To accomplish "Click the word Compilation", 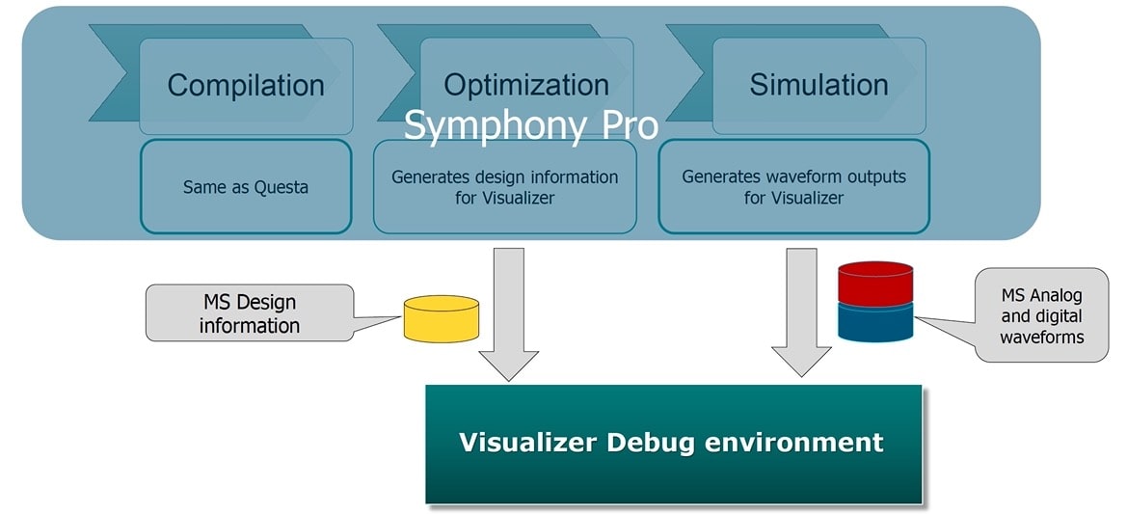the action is [246, 85].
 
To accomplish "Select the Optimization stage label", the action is [526, 85].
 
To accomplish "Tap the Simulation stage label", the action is [818, 85].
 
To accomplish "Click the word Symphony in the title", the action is [496, 125].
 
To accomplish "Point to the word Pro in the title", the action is [629, 124].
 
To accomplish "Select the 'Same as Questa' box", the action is [246, 187].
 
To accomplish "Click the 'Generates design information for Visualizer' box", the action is [504, 187].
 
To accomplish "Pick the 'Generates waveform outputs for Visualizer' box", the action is [793, 187].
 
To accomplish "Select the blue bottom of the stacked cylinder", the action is [875, 322].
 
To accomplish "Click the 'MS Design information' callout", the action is [250, 312].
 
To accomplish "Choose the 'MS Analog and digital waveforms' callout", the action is [1041, 315].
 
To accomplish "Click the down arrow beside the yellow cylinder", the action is [509, 314].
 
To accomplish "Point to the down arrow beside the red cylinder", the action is [801, 312].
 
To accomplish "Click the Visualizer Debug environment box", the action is [674, 444].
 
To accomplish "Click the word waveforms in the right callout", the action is [1041, 337].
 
